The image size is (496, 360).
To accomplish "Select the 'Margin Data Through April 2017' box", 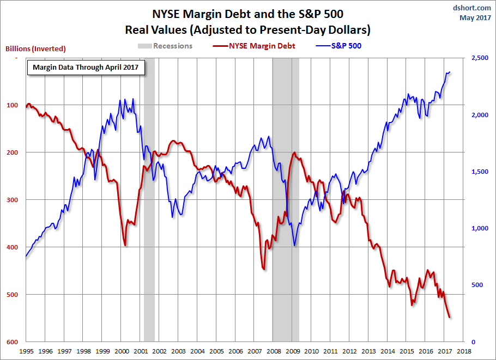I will pos(86,68).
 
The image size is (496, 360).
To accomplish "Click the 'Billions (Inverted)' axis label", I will pos(35,48).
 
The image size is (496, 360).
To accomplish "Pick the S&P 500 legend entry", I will pos(346,46).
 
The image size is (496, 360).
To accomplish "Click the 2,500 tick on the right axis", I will pos(476,58).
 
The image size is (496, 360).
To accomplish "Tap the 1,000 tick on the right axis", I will pos(476,228).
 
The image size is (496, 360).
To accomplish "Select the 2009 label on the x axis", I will pos(292,351).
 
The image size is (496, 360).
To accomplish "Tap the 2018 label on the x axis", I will pos(464,351).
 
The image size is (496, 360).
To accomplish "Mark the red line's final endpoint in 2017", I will pos(449,318).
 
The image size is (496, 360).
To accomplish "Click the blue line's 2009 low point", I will pos(294,245).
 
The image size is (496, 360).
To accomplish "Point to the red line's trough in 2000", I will pos(125,245).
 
